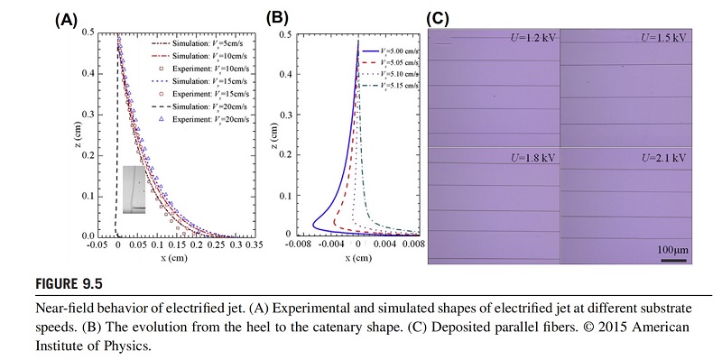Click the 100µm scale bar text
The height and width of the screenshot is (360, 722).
point(672,247)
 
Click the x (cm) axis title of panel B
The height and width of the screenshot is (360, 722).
point(361,257)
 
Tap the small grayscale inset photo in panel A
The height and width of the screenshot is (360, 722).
point(134,190)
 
